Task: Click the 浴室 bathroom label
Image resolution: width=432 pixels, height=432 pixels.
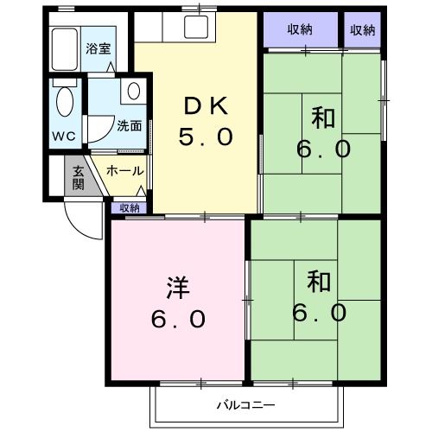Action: [x=98, y=48]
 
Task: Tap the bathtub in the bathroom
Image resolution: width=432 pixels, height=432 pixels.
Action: [x=65, y=52]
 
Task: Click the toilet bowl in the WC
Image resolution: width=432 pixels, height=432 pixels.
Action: [x=64, y=104]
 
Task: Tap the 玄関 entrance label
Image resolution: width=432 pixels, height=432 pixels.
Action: [x=77, y=177]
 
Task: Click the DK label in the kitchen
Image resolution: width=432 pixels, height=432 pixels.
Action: [x=206, y=105]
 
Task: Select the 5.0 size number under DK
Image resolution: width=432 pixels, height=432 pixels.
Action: [x=206, y=137]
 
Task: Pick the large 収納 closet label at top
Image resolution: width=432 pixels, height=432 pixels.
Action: [x=301, y=29]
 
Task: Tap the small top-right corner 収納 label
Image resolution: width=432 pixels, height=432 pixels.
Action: [x=363, y=29]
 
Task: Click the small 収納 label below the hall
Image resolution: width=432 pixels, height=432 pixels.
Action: [x=129, y=207]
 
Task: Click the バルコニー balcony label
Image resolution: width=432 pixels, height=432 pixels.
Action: [x=245, y=405]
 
